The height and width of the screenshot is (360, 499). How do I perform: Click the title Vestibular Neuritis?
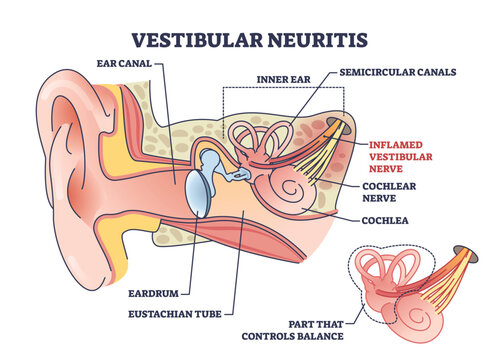(x=249, y=40)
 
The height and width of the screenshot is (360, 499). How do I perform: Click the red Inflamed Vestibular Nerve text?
(x=408, y=156)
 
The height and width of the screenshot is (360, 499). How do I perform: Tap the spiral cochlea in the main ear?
(x=297, y=187)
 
